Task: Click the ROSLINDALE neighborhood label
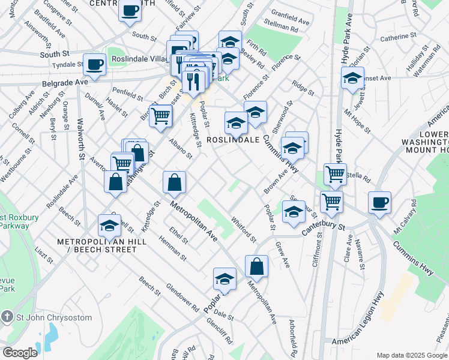tap(233, 139)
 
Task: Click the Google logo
tap(20, 353)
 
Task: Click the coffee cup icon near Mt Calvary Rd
tap(379, 202)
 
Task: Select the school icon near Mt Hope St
tap(352, 78)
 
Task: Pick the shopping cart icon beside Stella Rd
tap(335, 174)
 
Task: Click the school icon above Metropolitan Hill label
tap(110, 225)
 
